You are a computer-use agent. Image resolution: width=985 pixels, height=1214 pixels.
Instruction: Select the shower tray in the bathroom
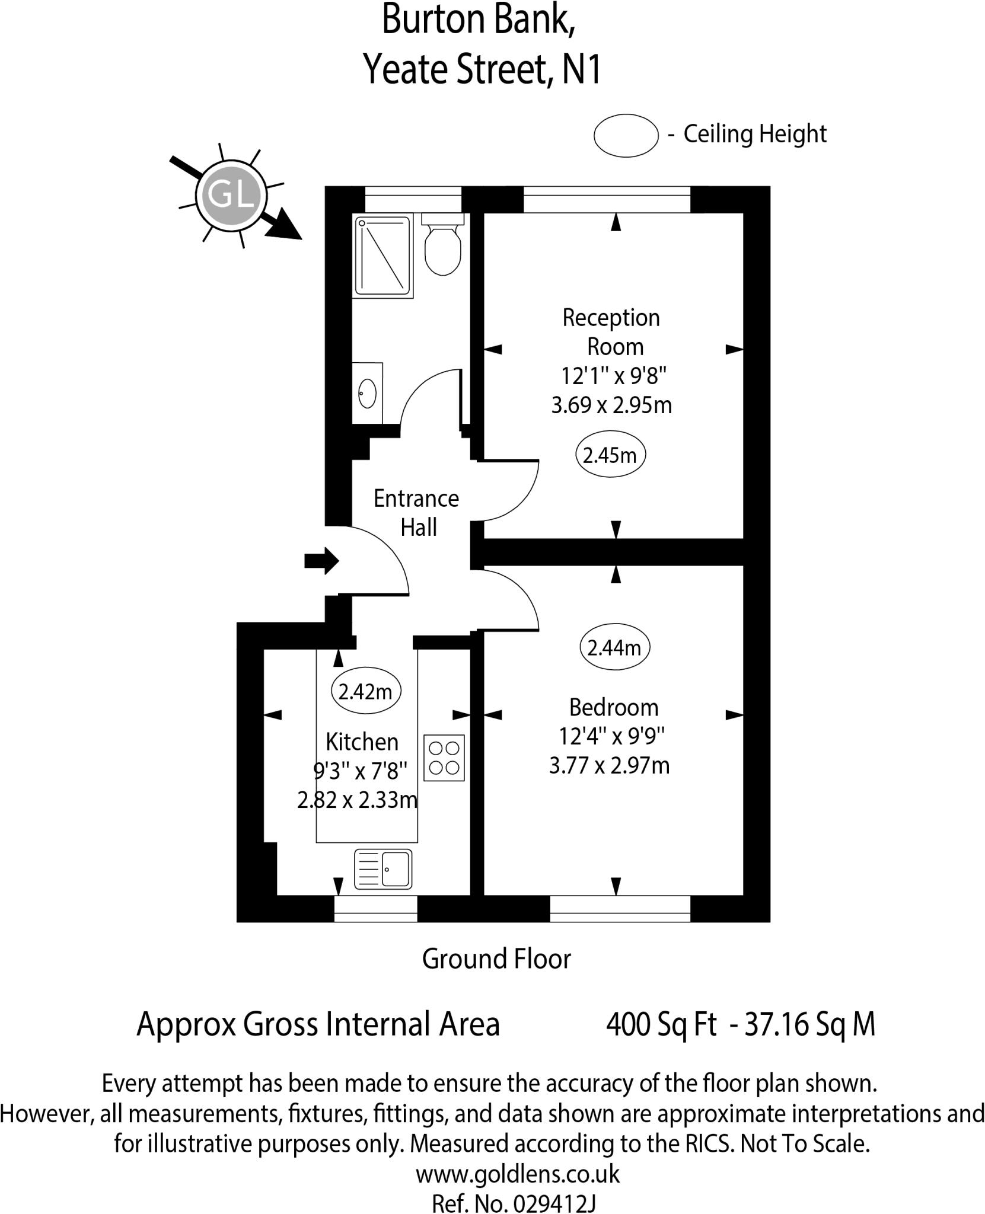[x=382, y=255]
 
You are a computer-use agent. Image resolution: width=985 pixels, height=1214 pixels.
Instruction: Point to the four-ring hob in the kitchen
[x=444, y=758]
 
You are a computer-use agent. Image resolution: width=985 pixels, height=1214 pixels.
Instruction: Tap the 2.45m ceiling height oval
[x=610, y=455]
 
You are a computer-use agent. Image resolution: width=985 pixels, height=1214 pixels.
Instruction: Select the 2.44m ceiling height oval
[x=614, y=648]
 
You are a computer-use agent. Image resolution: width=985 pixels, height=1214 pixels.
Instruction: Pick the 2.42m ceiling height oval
[x=365, y=691]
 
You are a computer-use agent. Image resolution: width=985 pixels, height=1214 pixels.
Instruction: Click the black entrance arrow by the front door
[x=321, y=560]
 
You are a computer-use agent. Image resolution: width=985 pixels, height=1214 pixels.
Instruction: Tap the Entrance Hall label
[x=416, y=513]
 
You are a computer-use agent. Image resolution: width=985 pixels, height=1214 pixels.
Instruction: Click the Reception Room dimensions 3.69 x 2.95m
[x=611, y=405]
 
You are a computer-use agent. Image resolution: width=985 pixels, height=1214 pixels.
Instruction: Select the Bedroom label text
[x=613, y=707]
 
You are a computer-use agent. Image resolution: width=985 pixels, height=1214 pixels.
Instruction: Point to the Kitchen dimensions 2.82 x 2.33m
[x=357, y=800]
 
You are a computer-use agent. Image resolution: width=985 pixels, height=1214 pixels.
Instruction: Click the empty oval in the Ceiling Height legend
[x=626, y=135]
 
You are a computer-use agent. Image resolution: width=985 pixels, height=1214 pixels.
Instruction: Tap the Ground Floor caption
[x=496, y=959]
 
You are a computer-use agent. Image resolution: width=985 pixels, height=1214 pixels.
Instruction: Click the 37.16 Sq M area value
[x=809, y=1024]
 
